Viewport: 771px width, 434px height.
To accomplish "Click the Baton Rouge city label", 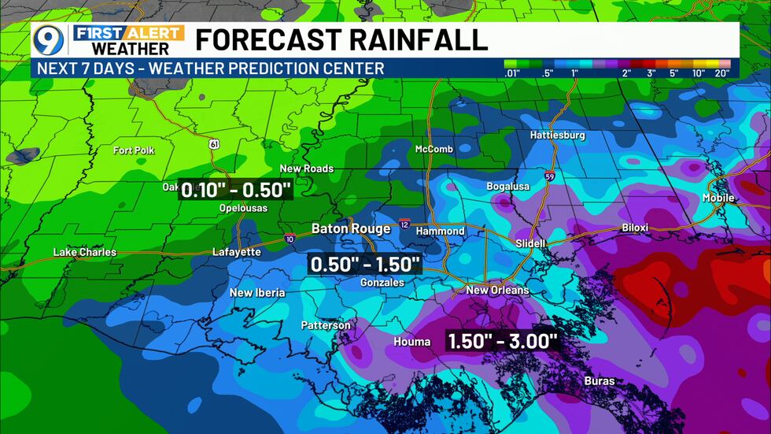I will tap(351, 228).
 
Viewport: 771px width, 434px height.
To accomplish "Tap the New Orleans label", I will tap(498, 290).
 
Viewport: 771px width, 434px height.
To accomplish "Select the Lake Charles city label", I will tap(84, 252).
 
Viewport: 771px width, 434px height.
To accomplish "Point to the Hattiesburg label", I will tap(558, 135).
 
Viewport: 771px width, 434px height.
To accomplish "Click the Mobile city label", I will tap(717, 198).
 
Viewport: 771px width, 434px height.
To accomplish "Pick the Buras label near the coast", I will tap(599, 381).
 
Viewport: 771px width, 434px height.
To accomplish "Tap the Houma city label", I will tap(412, 341).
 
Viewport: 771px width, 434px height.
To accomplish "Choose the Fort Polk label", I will tap(134, 150).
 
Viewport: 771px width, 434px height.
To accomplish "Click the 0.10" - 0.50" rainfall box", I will tap(236, 190).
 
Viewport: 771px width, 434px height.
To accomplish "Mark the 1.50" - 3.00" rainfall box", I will tap(503, 341).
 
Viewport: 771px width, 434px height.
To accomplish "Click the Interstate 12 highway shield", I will tap(404, 224).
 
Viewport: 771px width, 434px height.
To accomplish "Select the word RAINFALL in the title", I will tap(416, 39).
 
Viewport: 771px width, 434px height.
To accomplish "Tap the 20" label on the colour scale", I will tap(721, 73).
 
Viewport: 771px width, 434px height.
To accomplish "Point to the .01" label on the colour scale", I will tap(511, 73).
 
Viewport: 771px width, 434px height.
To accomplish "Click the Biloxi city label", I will tap(635, 228).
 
